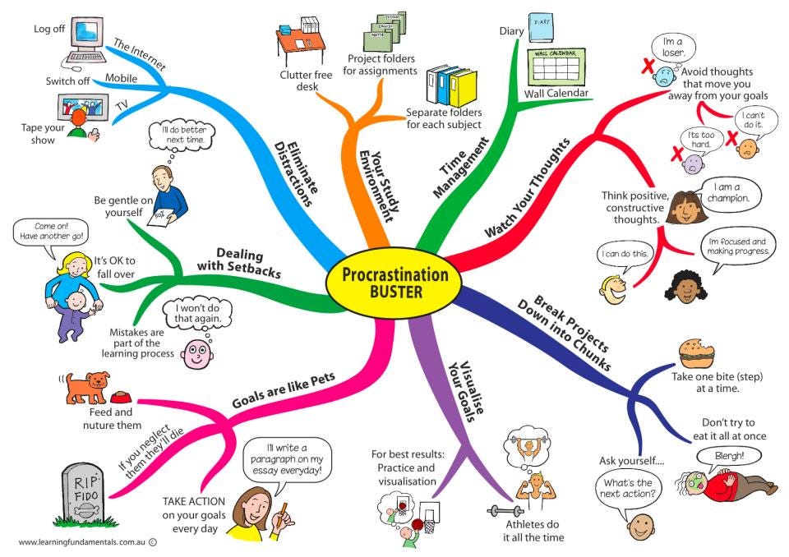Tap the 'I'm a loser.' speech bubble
(668, 47)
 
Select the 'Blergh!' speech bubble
(720, 455)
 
